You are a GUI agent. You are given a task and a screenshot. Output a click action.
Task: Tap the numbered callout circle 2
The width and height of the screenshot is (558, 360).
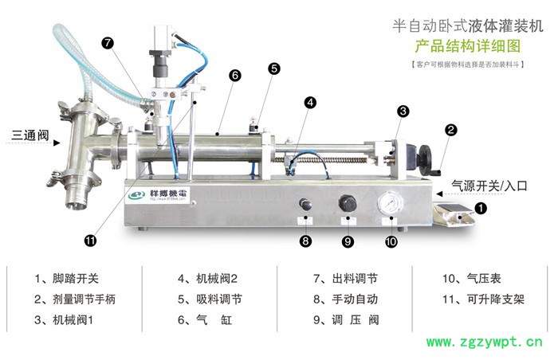coord(451,129)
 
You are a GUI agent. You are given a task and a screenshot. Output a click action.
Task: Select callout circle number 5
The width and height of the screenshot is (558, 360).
coord(273,68)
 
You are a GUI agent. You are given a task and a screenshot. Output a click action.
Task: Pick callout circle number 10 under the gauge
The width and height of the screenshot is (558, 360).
coord(391,241)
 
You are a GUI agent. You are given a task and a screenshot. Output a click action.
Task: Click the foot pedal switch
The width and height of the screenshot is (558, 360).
coord(454,214)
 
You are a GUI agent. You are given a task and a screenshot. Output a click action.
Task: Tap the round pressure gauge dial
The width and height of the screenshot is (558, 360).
coord(388,204)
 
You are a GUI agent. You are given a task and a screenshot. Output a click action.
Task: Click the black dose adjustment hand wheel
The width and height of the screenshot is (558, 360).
coord(427,157)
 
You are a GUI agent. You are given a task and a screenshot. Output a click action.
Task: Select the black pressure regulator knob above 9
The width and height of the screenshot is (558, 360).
coord(347,203)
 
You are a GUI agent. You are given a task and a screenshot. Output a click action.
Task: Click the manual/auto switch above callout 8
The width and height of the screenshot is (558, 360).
coord(305,205)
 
